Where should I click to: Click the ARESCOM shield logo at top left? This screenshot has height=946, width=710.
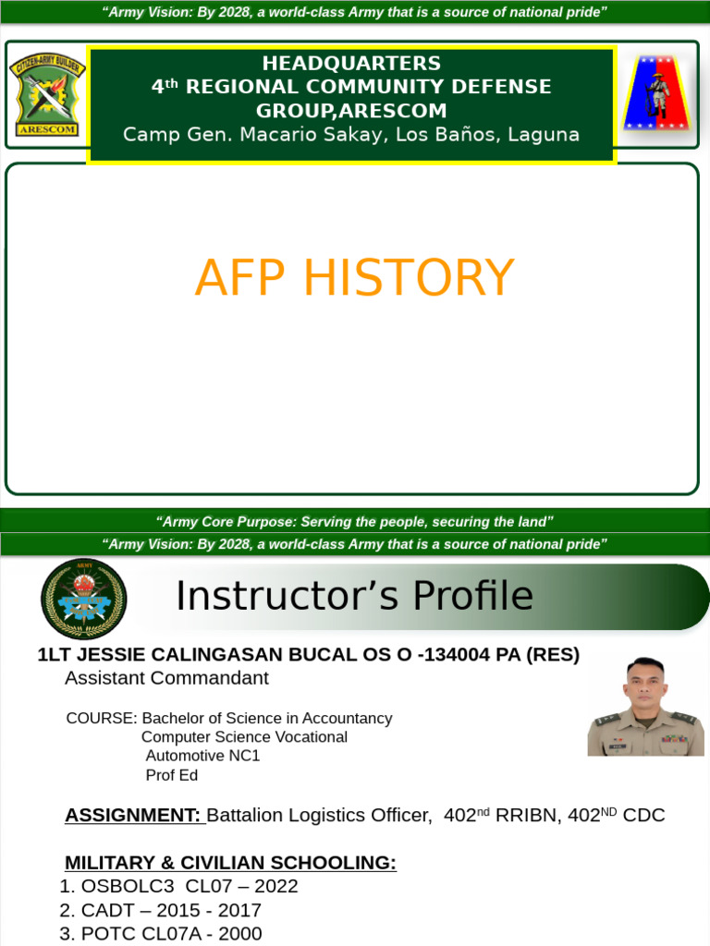(48, 94)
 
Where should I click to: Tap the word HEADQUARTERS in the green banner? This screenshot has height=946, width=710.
(351, 64)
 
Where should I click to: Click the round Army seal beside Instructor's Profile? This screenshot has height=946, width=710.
(84, 599)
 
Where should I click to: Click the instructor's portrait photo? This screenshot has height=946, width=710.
(645, 706)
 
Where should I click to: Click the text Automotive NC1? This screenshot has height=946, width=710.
(202, 756)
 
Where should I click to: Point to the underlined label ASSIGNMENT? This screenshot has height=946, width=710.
(132, 815)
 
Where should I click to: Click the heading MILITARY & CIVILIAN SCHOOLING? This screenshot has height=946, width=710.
(230, 863)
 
